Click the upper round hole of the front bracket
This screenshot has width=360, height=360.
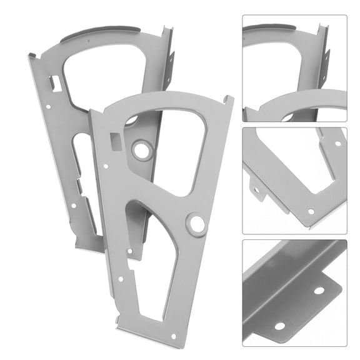click(141, 149)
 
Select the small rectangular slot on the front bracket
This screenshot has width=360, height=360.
click(114, 139)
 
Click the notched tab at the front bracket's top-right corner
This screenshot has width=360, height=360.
click(227, 100)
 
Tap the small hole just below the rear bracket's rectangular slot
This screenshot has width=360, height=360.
click(49, 106)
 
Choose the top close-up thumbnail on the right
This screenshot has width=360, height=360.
click(294, 68)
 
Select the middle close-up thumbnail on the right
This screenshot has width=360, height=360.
click(294, 181)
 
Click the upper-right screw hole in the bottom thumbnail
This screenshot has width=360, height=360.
click(319, 291)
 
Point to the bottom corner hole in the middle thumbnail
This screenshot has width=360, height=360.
click(311, 211)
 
